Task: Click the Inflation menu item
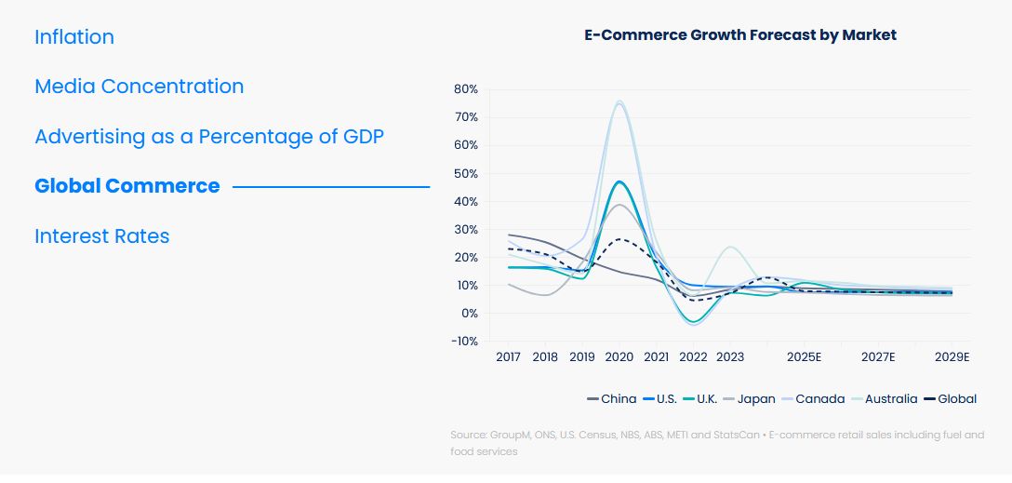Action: pyautogui.click(x=74, y=37)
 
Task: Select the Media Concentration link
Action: pyautogui.click(x=139, y=87)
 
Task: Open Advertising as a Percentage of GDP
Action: pyautogui.click(x=209, y=137)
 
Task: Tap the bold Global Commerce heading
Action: pyautogui.click(x=127, y=186)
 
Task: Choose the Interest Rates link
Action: pyautogui.click(x=102, y=236)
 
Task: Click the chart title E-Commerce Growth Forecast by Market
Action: pyautogui.click(x=740, y=35)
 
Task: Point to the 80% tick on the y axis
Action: pyautogui.click(x=466, y=89)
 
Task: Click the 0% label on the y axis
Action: pyautogui.click(x=469, y=314)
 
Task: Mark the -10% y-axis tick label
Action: pyautogui.click(x=464, y=342)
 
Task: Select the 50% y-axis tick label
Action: pyautogui.click(x=466, y=174)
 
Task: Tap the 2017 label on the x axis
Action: pyautogui.click(x=508, y=357)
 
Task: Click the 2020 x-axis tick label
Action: pyautogui.click(x=619, y=357)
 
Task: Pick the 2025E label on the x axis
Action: pyautogui.click(x=804, y=357)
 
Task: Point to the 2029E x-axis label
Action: pyautogui.click(x=952, y=357)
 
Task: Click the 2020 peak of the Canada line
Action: pyautogui.click(x=619, y=101)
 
